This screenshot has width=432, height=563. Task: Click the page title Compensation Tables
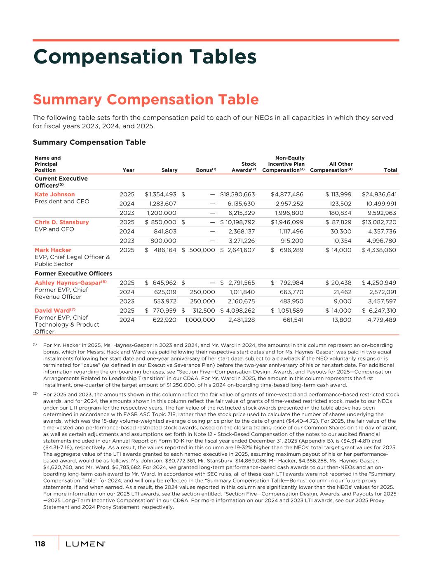(x=145, y=57)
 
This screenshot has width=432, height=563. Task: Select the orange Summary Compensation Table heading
(x=146, y=100)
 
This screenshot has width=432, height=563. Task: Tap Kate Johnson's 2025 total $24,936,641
(x=379, y=194)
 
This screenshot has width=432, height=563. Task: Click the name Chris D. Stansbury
(x=62, y=222)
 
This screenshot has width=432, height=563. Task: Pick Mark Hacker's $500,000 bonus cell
(x=198, y=250)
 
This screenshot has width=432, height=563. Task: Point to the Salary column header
(x=169, y=170)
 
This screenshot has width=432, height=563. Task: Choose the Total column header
(x=390, y=170)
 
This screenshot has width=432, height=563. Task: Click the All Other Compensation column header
(x=331, y=167)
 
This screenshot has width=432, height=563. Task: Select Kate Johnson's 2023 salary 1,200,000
(x=162, y=213)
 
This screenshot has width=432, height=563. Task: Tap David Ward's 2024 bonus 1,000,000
(x=200, y=320)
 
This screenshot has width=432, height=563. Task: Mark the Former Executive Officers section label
(x=73, y=273)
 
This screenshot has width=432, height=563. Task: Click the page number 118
(x=40, y=544)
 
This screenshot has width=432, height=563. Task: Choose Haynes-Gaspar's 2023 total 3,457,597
(x=382, y=301)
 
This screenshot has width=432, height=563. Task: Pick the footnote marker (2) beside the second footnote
(x=35, y=394)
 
